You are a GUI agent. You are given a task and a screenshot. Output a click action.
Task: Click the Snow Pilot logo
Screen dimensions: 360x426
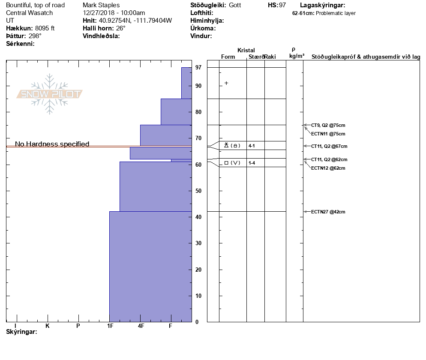coord(50,94)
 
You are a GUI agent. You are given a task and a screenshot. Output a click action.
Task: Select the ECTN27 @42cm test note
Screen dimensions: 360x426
coord(328,212)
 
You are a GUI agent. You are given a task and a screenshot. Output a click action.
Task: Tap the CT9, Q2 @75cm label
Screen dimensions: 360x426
coord(328,125)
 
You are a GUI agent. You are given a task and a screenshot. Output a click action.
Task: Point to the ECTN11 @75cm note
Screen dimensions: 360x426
coord(328,134)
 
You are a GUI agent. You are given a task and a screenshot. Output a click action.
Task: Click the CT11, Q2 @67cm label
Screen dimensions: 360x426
coord(329,146)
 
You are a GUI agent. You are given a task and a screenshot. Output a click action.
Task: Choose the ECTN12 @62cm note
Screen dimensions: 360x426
coord(328,168)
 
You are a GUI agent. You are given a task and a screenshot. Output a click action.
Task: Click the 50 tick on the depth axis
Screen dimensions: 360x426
coord(198,191)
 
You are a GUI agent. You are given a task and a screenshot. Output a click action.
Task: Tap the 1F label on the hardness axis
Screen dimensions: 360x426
coord(110,326)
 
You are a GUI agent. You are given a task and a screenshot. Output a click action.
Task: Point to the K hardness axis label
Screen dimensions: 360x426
coord(48,326)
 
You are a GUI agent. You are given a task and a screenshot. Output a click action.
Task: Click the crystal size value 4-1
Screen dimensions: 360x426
coord(252,146)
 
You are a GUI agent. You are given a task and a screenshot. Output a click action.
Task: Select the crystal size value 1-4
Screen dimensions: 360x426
coord(252,163)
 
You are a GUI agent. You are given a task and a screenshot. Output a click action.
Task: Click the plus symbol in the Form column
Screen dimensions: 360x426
coord(226,83)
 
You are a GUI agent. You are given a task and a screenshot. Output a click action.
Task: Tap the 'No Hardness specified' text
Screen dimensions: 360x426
coord(52,144)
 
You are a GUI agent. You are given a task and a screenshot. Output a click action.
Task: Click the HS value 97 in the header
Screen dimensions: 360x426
coord(282,5)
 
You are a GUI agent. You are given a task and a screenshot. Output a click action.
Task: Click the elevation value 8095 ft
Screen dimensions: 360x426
coord(45,28)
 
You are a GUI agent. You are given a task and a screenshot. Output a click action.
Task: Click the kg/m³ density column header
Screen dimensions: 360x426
coord(297,56)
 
